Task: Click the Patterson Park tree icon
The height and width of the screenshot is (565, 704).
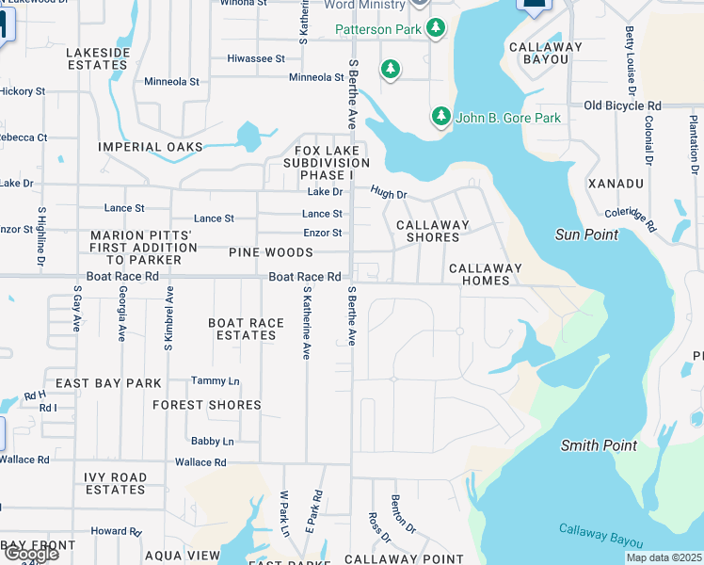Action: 436,29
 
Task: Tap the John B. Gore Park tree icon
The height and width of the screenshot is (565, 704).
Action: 440,118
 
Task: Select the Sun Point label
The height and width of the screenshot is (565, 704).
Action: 586,234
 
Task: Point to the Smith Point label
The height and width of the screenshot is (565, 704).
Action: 599,445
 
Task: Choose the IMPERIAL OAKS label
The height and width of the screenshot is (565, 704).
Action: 151,147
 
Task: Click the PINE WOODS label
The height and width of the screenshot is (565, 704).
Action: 270,252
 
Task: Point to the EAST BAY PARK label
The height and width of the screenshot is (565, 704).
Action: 108,383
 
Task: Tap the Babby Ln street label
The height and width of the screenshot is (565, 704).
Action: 212,441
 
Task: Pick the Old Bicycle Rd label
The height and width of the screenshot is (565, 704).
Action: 622,105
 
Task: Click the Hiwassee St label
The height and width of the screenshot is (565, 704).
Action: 256,58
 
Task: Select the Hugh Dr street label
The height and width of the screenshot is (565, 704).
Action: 388,194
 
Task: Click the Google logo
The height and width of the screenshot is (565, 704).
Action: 30,554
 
